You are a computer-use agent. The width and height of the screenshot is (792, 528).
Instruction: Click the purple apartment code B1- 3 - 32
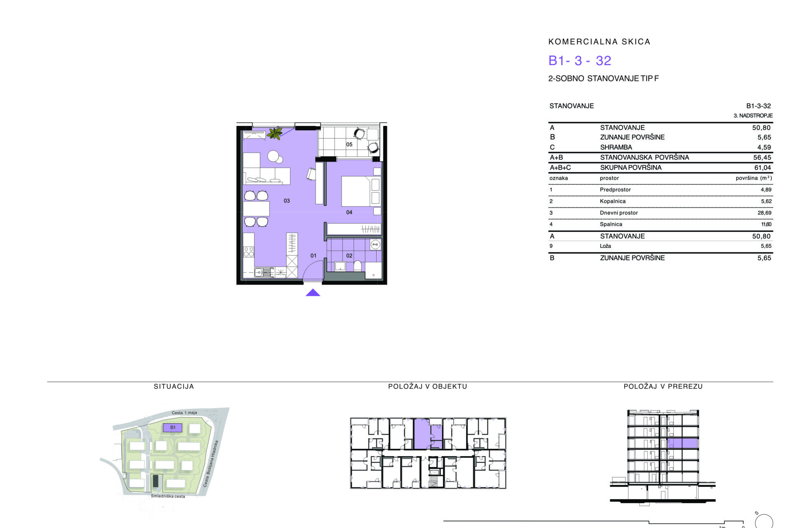580,61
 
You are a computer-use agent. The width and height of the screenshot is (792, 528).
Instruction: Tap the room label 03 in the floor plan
287,201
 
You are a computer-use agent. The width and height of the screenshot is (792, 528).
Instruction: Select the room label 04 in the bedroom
349,212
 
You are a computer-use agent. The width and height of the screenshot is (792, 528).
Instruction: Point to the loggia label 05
349,144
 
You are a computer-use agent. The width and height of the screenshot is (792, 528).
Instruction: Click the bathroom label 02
349,256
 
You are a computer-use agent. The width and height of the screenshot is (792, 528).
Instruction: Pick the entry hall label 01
313,256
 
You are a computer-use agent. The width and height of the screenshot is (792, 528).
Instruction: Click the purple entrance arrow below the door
313,292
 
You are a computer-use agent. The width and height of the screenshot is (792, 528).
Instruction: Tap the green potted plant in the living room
274,133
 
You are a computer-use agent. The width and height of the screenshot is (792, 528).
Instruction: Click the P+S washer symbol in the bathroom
375,245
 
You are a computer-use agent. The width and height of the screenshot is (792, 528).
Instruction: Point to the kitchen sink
259,272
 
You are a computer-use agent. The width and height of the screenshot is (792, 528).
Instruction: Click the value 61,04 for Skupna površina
762,167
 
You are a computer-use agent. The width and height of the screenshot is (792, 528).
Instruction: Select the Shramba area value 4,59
764,147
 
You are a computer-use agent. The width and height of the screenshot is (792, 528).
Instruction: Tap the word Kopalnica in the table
613,201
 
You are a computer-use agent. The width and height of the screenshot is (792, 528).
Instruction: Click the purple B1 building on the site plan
173,428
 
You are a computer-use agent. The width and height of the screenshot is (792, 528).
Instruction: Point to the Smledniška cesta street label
168,496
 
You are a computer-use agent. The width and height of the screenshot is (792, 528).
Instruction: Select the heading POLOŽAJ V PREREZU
663,387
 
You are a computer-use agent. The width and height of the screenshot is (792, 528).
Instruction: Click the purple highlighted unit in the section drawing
683,443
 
